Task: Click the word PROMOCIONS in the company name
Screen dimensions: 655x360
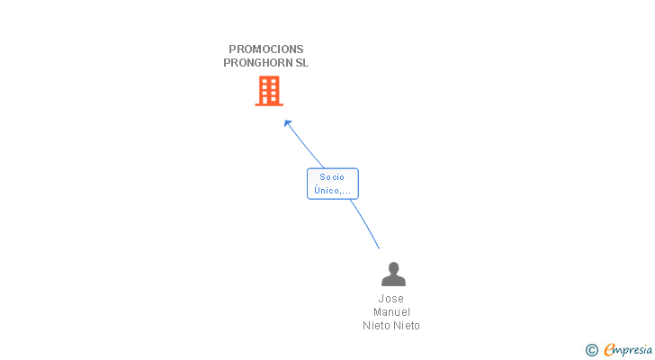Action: point(265,49)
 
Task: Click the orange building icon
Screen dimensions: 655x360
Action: point(269,91)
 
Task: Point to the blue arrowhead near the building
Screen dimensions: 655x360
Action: point(287,122)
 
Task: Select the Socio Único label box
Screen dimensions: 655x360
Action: point(333,184)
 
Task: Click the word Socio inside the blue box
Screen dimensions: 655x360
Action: point(332,177)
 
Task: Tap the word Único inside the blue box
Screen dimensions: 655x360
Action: point(327,191)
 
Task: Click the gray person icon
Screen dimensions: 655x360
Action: point(393,274)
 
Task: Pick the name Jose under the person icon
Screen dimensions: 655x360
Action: point(391,299)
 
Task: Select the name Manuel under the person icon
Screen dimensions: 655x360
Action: point(391,312)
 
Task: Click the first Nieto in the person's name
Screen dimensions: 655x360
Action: point(377,326)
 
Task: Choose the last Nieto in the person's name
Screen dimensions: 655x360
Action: point(406,326)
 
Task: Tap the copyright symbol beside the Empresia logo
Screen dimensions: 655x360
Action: point(591,350)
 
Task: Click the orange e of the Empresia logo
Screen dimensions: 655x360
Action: point(609,350)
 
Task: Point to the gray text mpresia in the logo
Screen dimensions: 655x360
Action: point(634,350)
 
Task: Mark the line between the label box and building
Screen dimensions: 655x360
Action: point(306,147)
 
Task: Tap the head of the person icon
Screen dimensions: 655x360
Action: point(393,267)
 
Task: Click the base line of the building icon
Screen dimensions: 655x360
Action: point(269,104)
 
